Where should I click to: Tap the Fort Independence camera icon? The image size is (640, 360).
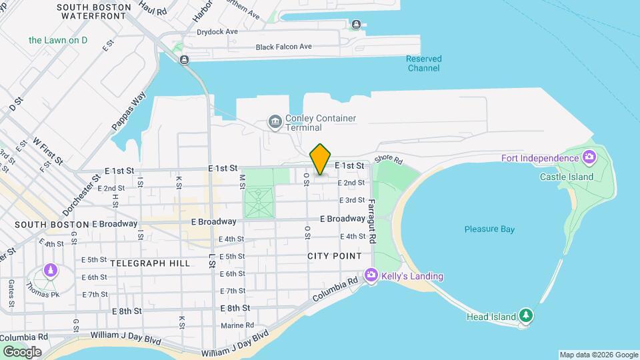[x=589, y=158]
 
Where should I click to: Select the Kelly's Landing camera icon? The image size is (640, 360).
[x=371, y=275]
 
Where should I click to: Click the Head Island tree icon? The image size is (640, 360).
[x=527, y=314]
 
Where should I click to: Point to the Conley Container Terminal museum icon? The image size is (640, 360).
[x=274, y=122]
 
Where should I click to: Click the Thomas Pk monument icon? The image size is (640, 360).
[x=51, y=271]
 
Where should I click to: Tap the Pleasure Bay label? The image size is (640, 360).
[x=489, y=229]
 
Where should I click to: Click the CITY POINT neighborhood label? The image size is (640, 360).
[x=335, y=256]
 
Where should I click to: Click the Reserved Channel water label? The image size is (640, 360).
[x=424, y=63]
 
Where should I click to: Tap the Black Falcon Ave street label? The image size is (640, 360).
[x=283, y=47]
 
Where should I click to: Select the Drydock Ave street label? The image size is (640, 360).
[x=217, y=31]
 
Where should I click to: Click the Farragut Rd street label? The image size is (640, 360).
[x=372, y=221]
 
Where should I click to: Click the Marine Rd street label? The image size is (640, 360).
[x=237, y=325]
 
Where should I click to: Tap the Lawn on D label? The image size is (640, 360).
[x=58, y=40]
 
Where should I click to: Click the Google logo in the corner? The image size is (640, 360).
[x=22, y=352]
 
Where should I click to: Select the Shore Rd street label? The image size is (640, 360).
[x=389, y=160]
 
